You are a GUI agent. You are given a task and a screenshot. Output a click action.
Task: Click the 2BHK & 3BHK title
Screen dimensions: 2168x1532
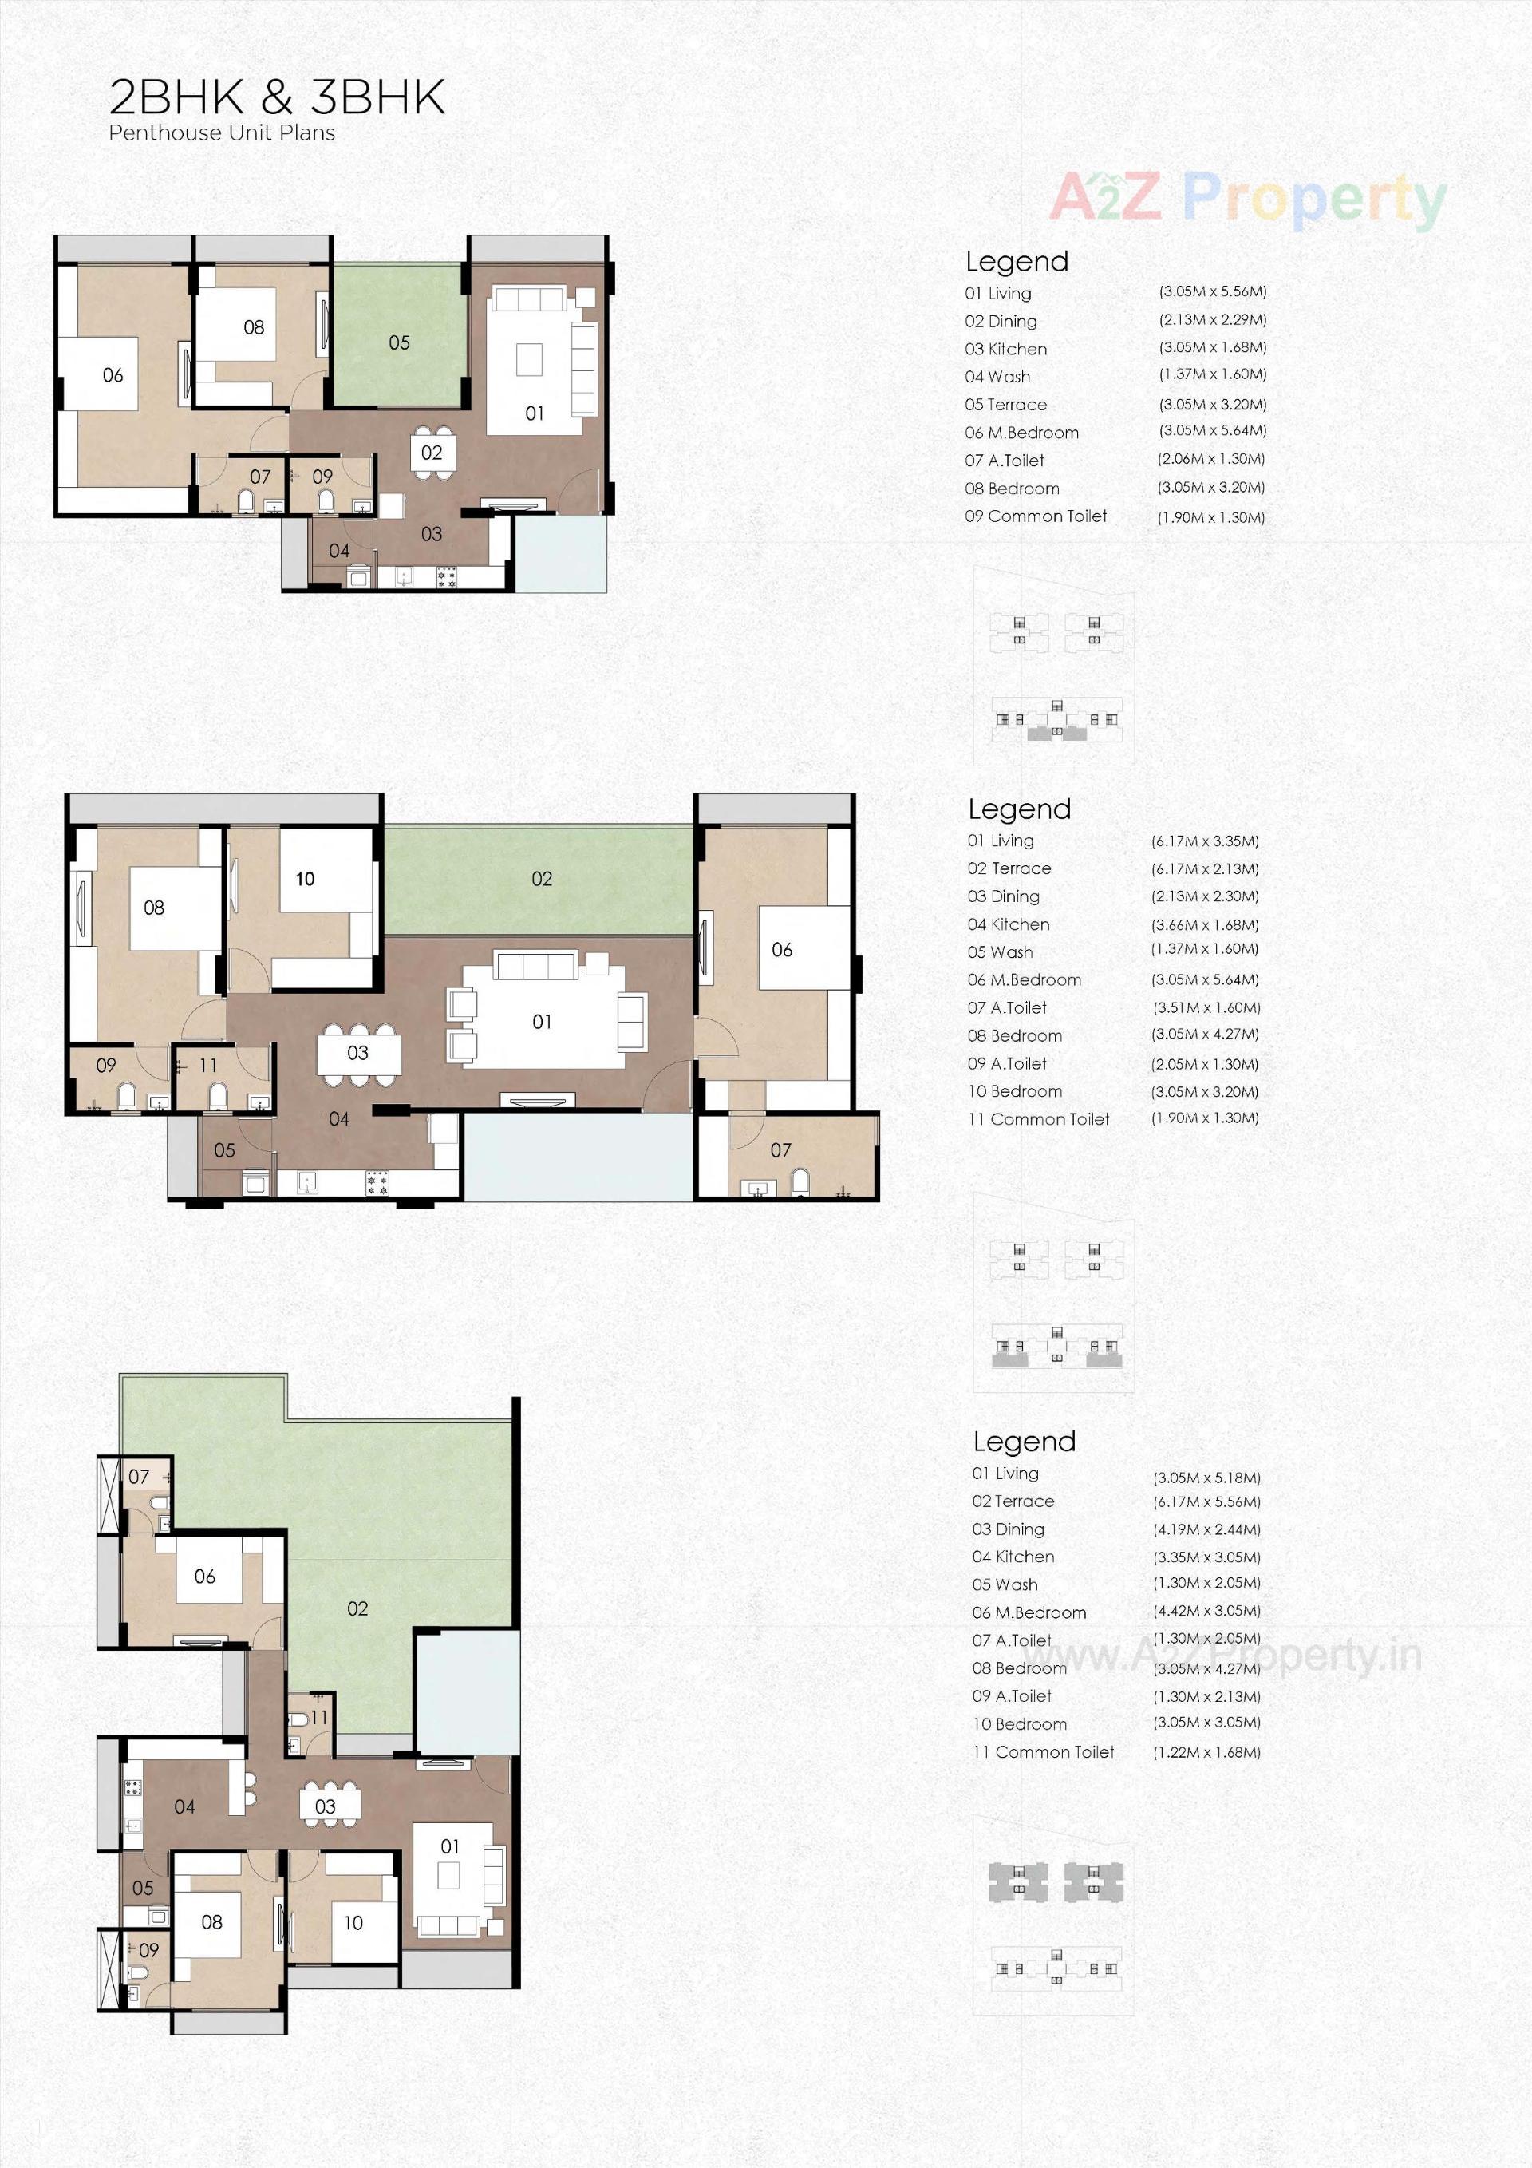[x=277, y=97]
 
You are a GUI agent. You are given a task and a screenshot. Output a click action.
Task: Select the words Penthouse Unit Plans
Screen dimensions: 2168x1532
[x=222, y=133]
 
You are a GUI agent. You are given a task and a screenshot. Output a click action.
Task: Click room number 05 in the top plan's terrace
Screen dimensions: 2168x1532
[x=399, y=342]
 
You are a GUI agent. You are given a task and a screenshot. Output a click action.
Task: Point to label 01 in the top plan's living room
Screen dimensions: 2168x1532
[x=535, y=413]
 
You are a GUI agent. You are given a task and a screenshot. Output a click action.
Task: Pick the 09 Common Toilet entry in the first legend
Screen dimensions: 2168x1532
[x=1036, y=516]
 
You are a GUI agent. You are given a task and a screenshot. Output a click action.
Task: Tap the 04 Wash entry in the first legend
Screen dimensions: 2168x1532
[x=997, y=377]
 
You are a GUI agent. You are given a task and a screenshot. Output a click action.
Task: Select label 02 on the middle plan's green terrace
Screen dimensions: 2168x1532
[x=542, y=879]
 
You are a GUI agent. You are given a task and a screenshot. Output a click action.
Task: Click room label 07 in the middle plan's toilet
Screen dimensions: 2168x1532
[x=780, y=1150]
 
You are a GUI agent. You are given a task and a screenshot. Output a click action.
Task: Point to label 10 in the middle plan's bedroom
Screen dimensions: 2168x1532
[x=305, y=879]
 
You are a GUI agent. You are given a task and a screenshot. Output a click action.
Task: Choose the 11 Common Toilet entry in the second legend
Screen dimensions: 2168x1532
[x=1038, y=1119]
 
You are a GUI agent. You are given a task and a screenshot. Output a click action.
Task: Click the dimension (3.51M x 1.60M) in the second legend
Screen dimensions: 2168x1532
[x=1206, y=1007]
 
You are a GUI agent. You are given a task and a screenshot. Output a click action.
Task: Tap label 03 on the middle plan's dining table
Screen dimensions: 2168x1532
[x=357, y=1053]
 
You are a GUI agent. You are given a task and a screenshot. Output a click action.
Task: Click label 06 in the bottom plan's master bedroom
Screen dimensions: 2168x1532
[x=205, y=1576]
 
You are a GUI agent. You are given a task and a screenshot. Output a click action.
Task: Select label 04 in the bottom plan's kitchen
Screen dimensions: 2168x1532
[x=185, y=1806]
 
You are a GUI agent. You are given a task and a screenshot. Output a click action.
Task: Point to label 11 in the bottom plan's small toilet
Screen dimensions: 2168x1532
[x=319, y=1718]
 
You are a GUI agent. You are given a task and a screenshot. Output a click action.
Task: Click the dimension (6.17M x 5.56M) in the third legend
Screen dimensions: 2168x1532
[x=1206, y=1501]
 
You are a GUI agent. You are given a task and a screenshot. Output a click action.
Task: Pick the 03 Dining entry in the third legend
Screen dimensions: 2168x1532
[x=1008, y=1529]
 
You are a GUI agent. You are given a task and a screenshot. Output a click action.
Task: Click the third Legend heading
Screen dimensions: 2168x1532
[x=1025, y=1442]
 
